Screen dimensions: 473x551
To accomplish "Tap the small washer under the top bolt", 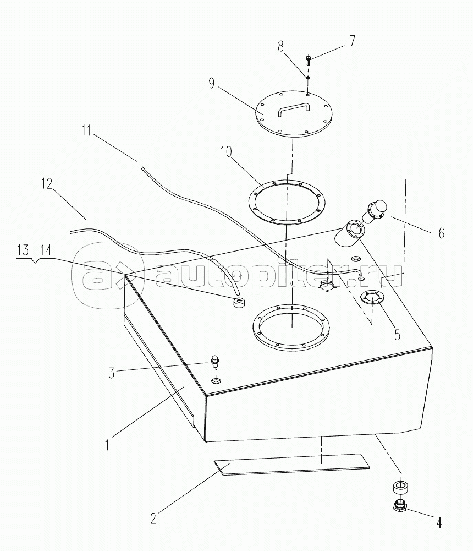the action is (309, 78).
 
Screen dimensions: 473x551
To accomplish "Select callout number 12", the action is (46, 183).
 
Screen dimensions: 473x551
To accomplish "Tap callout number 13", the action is (23, 250).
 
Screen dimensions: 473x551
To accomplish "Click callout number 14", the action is (46, 250).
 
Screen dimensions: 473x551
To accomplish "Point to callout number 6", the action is (441, 233).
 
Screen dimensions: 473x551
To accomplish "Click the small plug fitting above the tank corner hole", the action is (215, 362).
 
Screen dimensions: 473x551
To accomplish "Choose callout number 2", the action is (154, 517).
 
